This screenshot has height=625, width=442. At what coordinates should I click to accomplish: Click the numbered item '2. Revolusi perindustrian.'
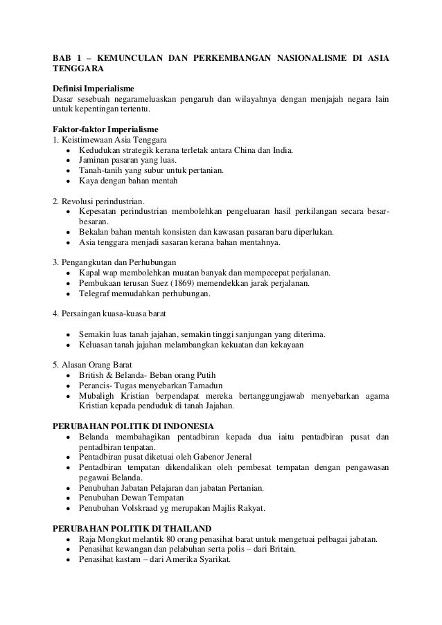point(100,201)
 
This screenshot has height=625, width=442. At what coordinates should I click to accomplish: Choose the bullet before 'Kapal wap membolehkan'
point(67,273)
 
